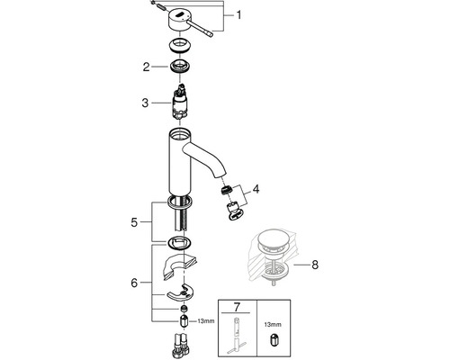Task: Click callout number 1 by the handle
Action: (x=239, y=15)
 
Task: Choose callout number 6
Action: (x=136, y=283)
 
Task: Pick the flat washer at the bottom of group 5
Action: (x=180, y=243)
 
